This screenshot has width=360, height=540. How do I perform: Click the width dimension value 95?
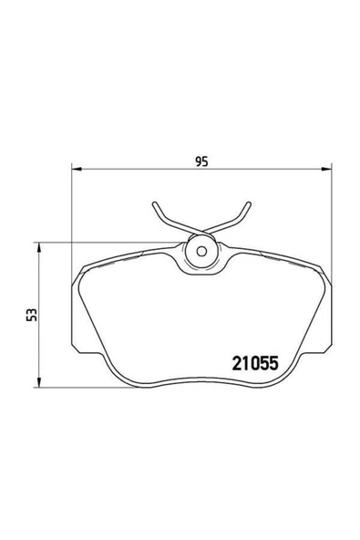tap(201, 161)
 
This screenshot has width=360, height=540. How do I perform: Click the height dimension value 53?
tap(31, 315)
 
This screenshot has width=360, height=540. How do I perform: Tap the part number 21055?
tap(255, 363)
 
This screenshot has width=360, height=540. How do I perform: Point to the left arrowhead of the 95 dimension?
tap(76, 169)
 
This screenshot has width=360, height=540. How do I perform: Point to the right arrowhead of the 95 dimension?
tap(326, 169)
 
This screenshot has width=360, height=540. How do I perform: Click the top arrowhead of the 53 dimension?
tap(39, 247)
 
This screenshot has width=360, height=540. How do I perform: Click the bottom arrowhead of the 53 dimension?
tap(39, 382)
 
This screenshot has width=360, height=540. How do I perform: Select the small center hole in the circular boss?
tap(201, 252)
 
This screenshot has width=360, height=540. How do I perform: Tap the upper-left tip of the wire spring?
tap(154, 203)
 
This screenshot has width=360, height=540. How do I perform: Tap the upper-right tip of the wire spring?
tap(249, 203)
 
